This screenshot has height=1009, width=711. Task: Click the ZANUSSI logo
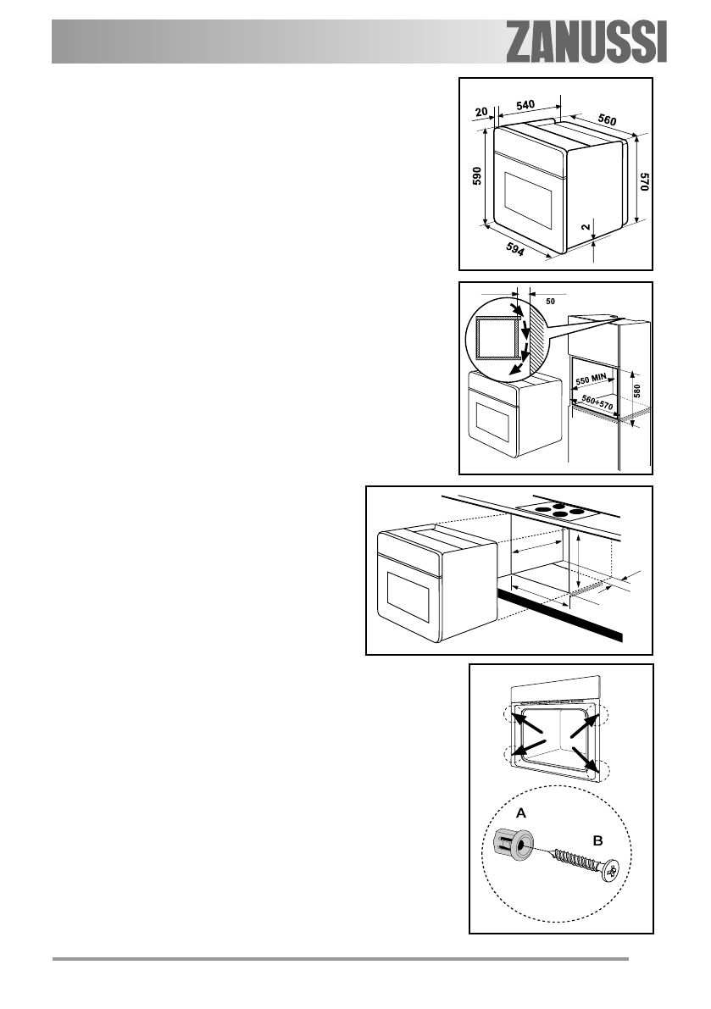pyautogui.click(x=586, y=42)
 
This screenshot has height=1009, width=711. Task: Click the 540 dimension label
pyautogui.click(x=525, y=105)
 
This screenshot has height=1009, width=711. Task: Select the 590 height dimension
pyautogui.click(x=477, y=176)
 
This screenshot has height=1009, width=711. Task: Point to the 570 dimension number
pyautogui.click(x=644, y=185)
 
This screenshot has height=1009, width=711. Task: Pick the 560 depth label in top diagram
pyautogui.click(x=607, y=119)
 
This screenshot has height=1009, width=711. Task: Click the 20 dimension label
pyautogui.click(x=481, y=110)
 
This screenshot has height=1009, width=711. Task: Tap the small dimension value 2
pyautogui.click(x=584, y=227)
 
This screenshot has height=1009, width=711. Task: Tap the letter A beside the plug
pyautogui.click(x=521, y=812)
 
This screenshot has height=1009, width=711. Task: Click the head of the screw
pyautogui.click(x=613, y=870)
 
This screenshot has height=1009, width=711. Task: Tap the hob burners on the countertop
pyautogui.click(x=557, y=511)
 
